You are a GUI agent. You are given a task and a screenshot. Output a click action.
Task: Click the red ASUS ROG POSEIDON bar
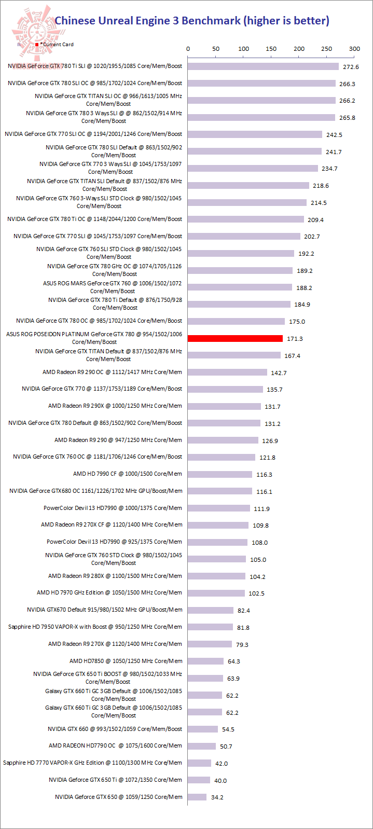(235, 338)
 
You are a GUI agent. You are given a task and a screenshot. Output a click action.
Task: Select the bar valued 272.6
(263, 66)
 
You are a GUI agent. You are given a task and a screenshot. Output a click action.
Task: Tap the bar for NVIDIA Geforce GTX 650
(197, 797)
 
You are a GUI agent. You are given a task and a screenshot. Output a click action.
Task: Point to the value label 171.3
(295, 339)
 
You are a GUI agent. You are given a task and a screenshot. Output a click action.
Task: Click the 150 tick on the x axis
(271, 49)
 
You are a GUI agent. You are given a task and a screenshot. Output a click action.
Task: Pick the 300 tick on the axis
(354, 49)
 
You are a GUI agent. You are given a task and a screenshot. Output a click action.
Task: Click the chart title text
(192, 21)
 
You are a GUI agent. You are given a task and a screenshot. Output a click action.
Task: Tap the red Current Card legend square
(37, 45)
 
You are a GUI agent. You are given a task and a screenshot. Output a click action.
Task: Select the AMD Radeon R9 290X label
(115, 406)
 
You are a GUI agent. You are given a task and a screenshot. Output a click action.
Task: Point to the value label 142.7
(279, 373)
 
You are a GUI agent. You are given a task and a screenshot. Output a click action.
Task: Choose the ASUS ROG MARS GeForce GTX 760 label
(113, 287)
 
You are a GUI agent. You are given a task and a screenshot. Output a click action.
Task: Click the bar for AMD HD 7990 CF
(220, 474)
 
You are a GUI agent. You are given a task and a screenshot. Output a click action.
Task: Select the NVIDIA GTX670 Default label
(105, 610)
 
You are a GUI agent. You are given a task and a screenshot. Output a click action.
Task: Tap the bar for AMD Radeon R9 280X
(216, 576)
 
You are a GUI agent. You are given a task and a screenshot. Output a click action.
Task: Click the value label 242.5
(334, 135)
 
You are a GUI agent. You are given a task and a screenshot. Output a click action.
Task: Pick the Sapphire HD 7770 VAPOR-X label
(92, 763)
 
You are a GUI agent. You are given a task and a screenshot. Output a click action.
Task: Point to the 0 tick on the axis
(188, 49)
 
